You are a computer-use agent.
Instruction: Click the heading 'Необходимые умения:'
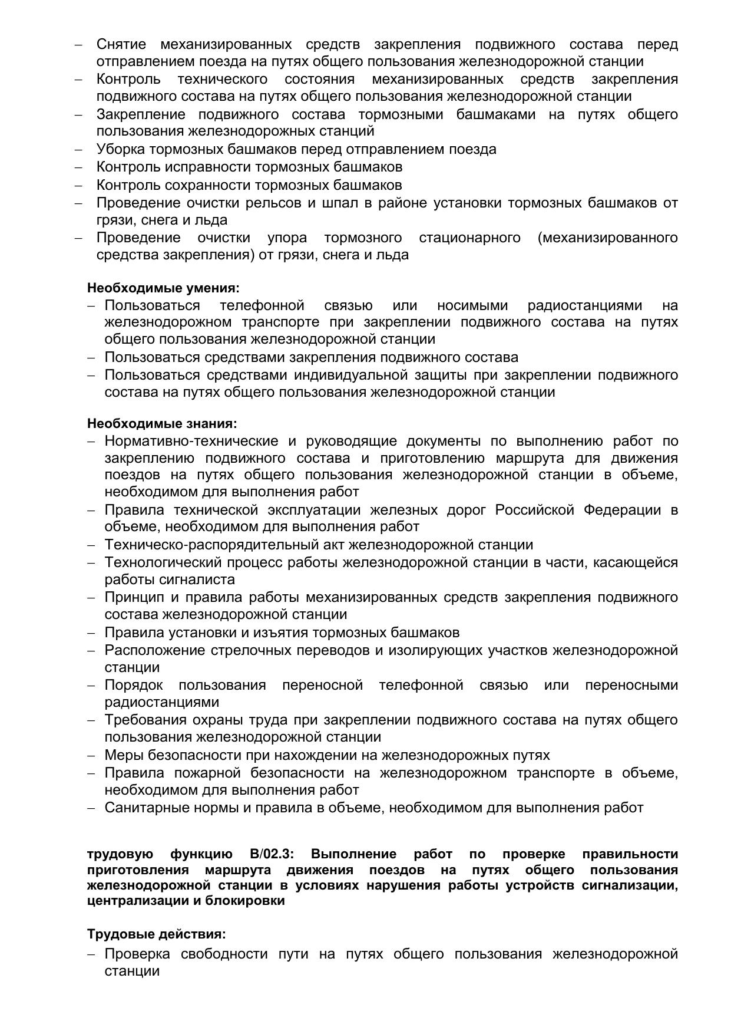click(x=163, y=288)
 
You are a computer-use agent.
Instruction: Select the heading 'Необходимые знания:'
click(x=162, y=423)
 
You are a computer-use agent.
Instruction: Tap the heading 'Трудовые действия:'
click(x=157, y=934)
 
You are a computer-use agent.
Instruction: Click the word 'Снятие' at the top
click(x=121, y=44)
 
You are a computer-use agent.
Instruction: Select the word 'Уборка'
click(x=121, y=149)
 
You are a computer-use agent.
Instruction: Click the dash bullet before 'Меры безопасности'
click(x=91, y=755)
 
